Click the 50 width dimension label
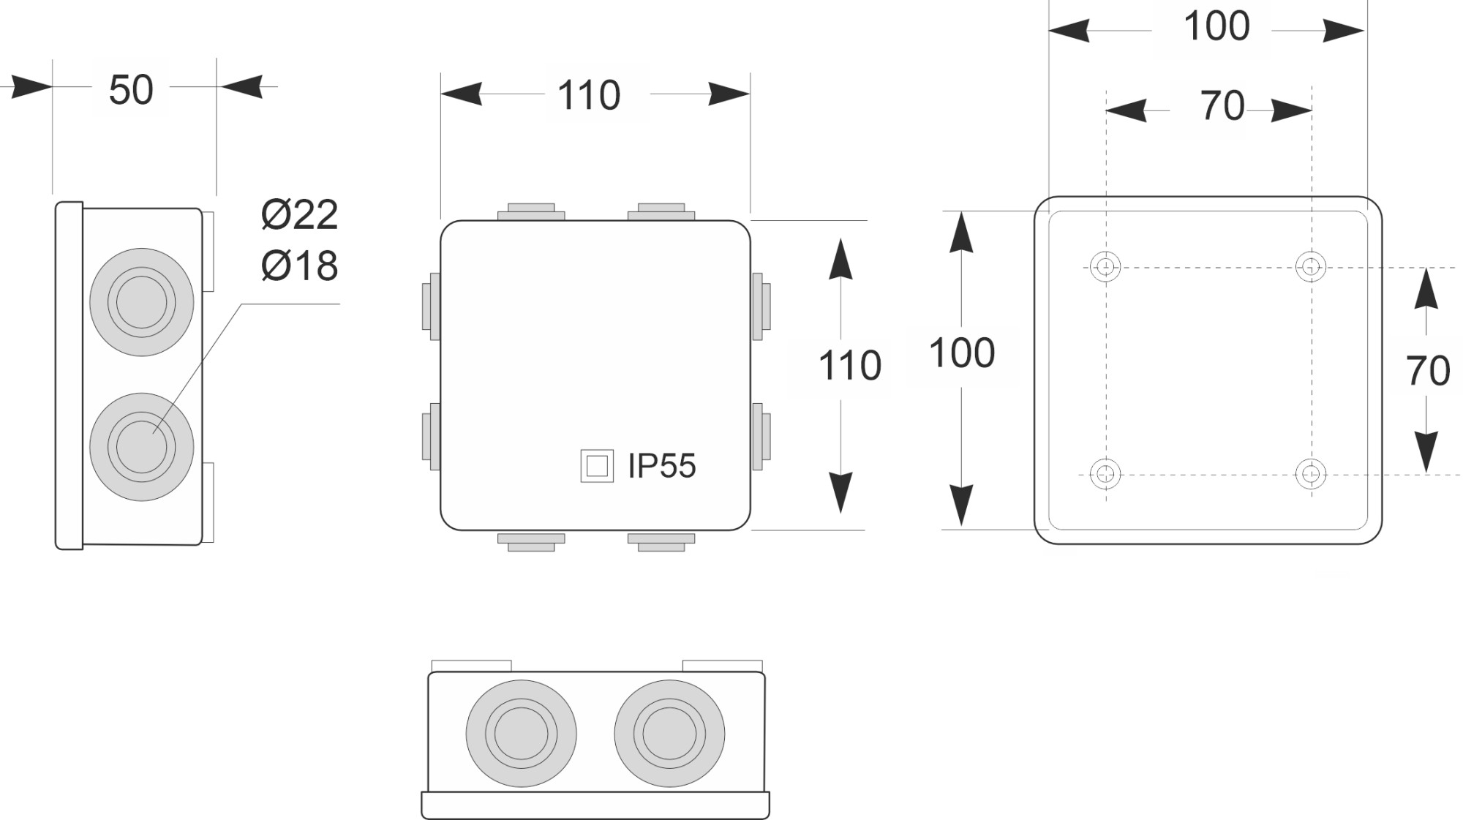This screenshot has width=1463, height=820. pyautogui.click(x=131, y=90)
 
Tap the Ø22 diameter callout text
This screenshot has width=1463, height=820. pyautogui.click(x=300, y=214)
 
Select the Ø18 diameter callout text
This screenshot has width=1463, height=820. pyautogui.click(x=300, y=265)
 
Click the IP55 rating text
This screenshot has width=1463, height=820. pyautogui.click(x=662, y=466)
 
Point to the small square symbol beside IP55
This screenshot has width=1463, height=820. pyautogui.click(x=597, y=466)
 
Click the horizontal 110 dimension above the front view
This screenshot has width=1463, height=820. pyautogui.click(x=589, y=95)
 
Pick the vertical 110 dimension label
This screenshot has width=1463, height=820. pyautogui.click(x=849, y=366)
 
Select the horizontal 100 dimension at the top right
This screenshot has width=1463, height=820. pyautogui.click(x=1216, y=26)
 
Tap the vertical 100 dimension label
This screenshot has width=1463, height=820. pyautogui.click(x=962, y=353)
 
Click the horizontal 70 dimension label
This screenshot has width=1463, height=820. pyautogui.click(x=1222, y=106)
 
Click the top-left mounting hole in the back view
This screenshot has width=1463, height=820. pyautogui.click(x=1105, y=266)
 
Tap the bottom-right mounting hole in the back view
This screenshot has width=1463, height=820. pyautogui.click(x=1311, y=473)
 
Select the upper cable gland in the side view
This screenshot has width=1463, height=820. pyautogui.click(x=142, y=302)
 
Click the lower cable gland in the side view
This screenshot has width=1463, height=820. pyautogui.click(x=142, y=447)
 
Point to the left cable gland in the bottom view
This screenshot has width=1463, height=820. pyautogui.click(x=522, y=734)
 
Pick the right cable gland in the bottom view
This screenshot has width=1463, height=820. pyautogui.click(x=670, y=734)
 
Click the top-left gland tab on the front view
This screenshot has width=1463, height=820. pyautogui.click(x=531, y=212)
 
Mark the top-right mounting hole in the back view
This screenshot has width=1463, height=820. pyautogui.click(x=1311, y=266)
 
